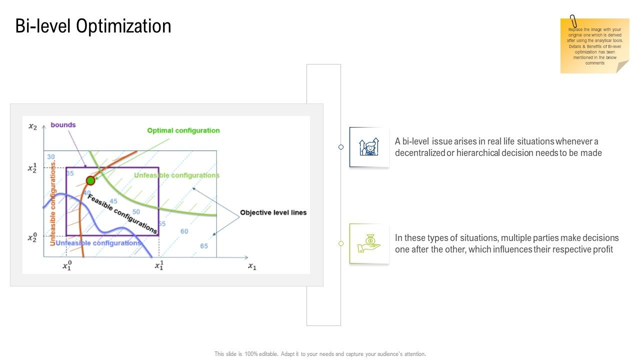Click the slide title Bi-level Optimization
coord(93,26)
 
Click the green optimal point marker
coord(90,180)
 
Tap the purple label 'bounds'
coord(63,125)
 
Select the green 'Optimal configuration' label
coord(183,130)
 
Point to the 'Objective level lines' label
coord(273,212)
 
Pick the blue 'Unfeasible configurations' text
coord(98,243)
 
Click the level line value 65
coord(204,246)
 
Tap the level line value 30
coord(51,157)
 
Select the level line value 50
coord(136,211)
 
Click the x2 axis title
coord(32,126)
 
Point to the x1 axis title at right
coord(252,266)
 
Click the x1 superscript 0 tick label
coord(67,265)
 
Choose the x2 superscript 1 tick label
coord(32,167)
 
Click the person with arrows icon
coord(369,147)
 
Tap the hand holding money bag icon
coord(369,243)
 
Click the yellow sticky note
coord(594,47)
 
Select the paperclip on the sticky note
coord(573,21)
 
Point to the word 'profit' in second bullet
coord(603,249)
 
